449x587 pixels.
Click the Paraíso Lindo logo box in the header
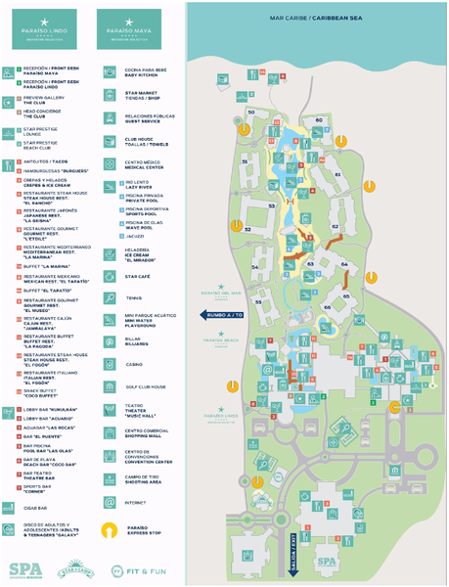point(40,29)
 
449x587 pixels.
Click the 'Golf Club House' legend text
point(145,386)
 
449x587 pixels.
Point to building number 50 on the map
point(250,113)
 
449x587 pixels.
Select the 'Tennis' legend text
point(133,297)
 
